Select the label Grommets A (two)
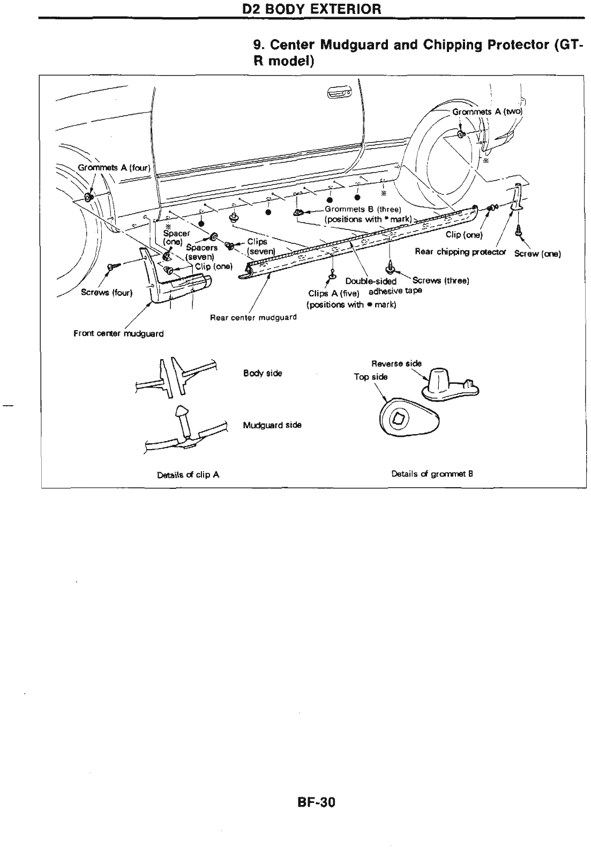click(x=487, y=112)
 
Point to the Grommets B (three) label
click(x=360, y=210)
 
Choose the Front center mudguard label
click(x=118, y=333)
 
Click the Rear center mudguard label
click(x=253, y=317)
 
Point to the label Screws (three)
click(x=441, y=280)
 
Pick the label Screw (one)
click(x=537, y=254)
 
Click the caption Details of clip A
click(x=188, y=474)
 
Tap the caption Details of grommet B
click(x=432, y=474)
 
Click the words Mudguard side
click(x=272, y=425)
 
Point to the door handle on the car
click(x=338, y=93)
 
